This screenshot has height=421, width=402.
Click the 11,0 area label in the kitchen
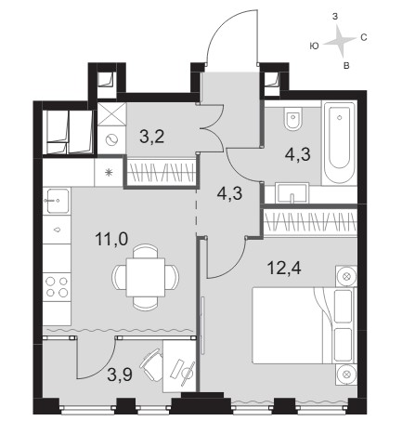pyautogui.click(x=111, y=240)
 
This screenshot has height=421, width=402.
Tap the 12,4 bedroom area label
pyautogui.click(x=284, y=268)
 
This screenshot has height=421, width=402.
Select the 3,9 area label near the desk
pyautogui.click(x=120, y=375)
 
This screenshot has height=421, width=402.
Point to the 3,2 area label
pyautogui.click(x=151, y=137)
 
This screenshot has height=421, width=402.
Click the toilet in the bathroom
pyautogui.click(x=293, y=119)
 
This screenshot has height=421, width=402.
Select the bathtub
pyautogui.click(x=340, y=143)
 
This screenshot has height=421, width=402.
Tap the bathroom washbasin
pyautogui.click(x=292, y=193)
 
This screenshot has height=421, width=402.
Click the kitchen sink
pyautogui.click(x=58, y=201)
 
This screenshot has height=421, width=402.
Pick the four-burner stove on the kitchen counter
pyautogui.click(x=57, y=287)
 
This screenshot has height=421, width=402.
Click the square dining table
pyautogui.click(x=146, y=277)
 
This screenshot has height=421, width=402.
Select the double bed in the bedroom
pyautogui.click(x=304, y=325)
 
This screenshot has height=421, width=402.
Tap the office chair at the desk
pyautogui.click(x=152, y=364)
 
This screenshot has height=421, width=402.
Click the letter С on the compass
pyautogui.click(x=364, y=38)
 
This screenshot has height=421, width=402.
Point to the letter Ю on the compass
pyautogui.click(x=314, y=46)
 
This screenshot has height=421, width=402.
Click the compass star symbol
pyautogui.click(x=339, y=41)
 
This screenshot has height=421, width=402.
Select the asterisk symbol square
pyautogui.click(x=109, y=173)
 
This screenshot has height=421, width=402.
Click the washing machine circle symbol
pyautogui.click(x=111, y=140)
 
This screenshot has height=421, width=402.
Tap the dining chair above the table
pyautogui.click(x=146, y=251)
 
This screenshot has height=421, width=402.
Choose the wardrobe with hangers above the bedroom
pyautogui.click(x=310, y=221)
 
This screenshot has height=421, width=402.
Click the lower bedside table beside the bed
pyautogui.click(x=346, y=375)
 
